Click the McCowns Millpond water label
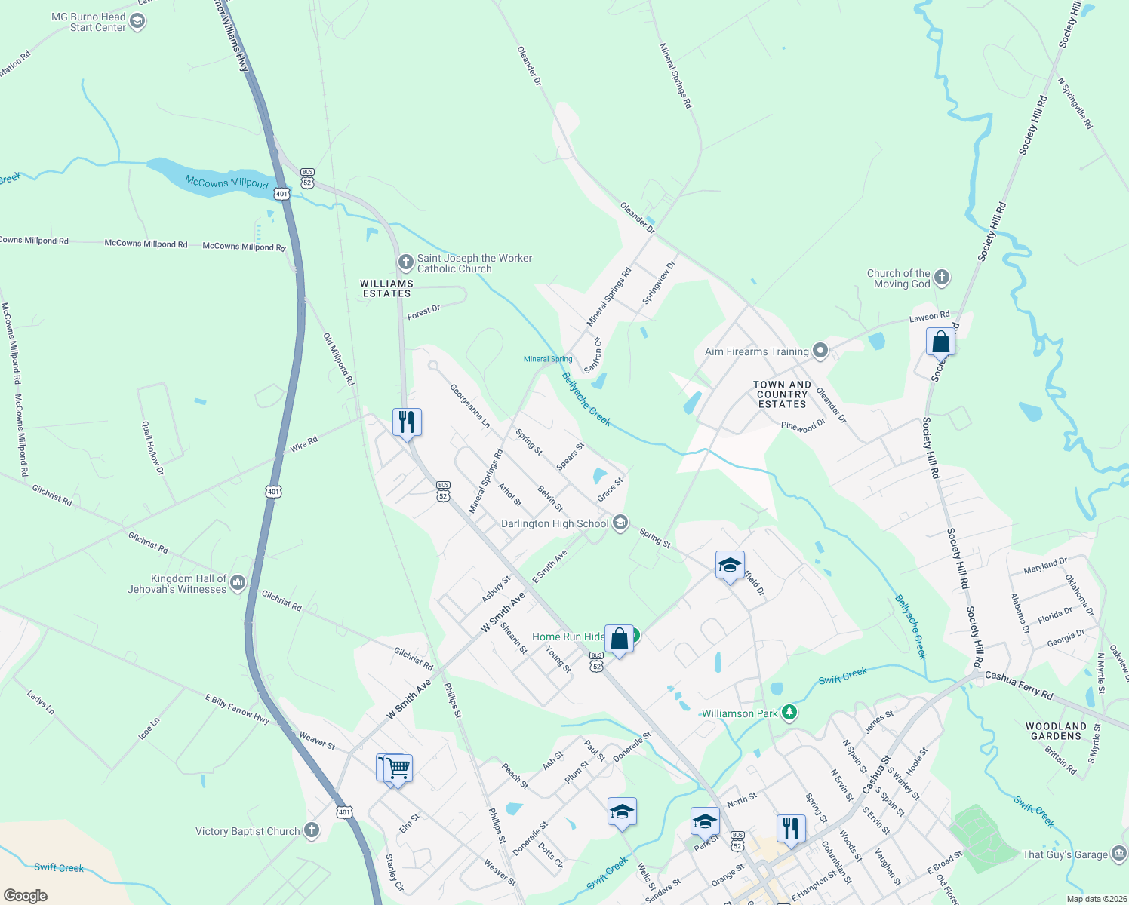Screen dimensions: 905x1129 tap(226, 182)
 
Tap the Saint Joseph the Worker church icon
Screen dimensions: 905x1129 tap(406, 262)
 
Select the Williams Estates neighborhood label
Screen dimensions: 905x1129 tap(387, 289)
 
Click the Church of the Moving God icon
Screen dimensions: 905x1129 tap(942, 278)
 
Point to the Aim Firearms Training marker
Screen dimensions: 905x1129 tap(820, 351)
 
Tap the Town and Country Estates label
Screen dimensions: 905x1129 tap(783, 394)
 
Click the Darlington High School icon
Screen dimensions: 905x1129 tap(620, 523)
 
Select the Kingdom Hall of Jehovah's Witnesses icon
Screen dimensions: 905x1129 tap(238, 582)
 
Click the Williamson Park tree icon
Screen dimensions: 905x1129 tap(789, 713)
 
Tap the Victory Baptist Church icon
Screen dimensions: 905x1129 tap(311, 831)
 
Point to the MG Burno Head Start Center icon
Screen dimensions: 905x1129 tap(137, 21)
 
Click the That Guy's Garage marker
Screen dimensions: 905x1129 tap(1119, 854)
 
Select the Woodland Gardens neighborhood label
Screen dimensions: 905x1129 tap(1056, 731)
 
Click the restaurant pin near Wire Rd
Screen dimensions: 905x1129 tap(407, 422)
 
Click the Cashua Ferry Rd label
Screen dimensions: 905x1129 tap(1018, 685)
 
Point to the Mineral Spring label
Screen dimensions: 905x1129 tap(548, 359)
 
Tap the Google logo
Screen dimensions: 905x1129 tap(26, 896)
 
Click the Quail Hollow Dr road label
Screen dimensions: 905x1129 tap(152, 448)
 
